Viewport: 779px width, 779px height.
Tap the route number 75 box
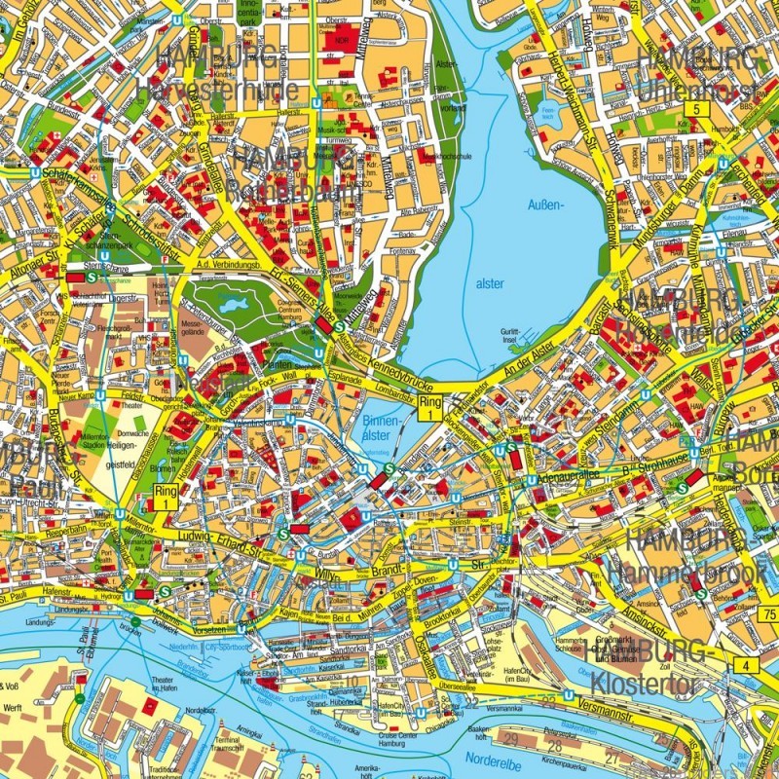769,613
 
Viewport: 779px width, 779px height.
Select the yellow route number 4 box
747,665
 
